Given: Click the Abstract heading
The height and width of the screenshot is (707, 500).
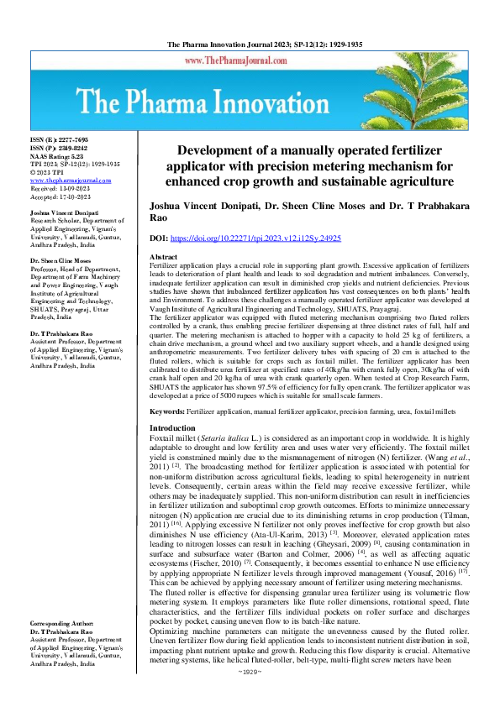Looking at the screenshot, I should [163, 256].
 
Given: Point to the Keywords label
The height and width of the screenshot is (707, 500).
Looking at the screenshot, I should [167, 411].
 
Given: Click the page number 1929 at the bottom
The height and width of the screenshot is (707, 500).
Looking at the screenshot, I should [250, 695].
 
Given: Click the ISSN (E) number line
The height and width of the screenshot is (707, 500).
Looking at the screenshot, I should [59, 139].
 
